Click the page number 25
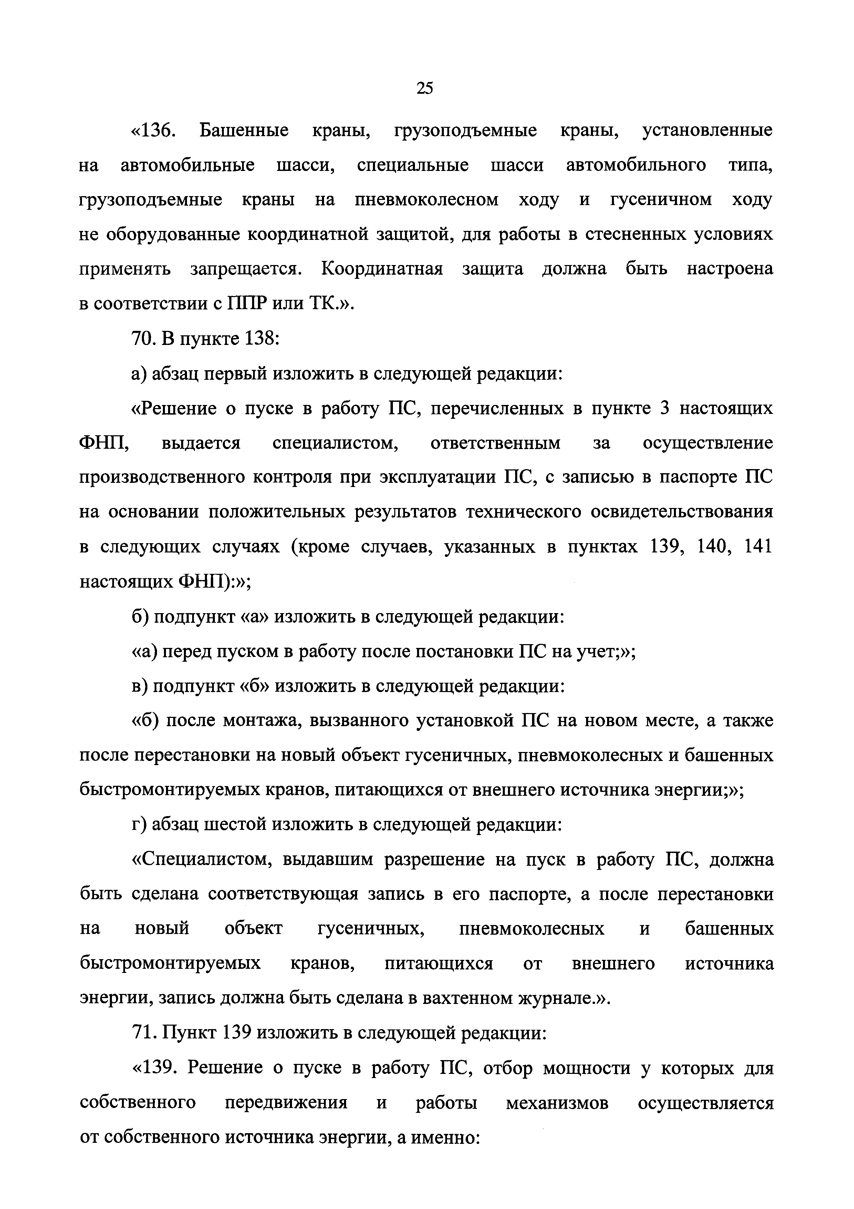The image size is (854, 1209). (x=424, y=88)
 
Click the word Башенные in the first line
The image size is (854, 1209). (x=244, y=130)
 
